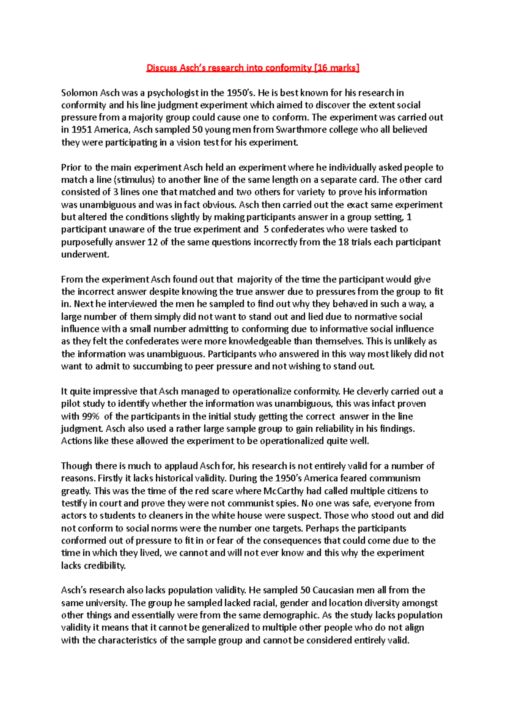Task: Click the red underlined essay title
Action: pos(252,68)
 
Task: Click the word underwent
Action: pos(85,254)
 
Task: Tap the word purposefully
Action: pos(87,242)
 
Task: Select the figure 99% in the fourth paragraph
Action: pos(90,416)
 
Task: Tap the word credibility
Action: pos(104,566)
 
